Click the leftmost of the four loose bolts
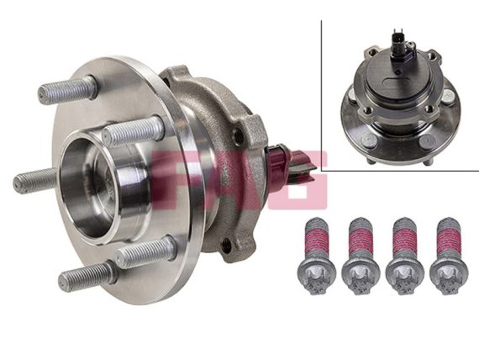pyautogui.click(x=317, y=256)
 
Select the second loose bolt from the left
pyautogui.click(x=361, y=256)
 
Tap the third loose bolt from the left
pyautogui.click(x=404, y=256)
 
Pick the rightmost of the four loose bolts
pyautogui.click(x=449, y=256)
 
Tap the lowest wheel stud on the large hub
pyautogui.click(x=87, y=276)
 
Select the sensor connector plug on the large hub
pyautogui.click(x=290, y=170)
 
